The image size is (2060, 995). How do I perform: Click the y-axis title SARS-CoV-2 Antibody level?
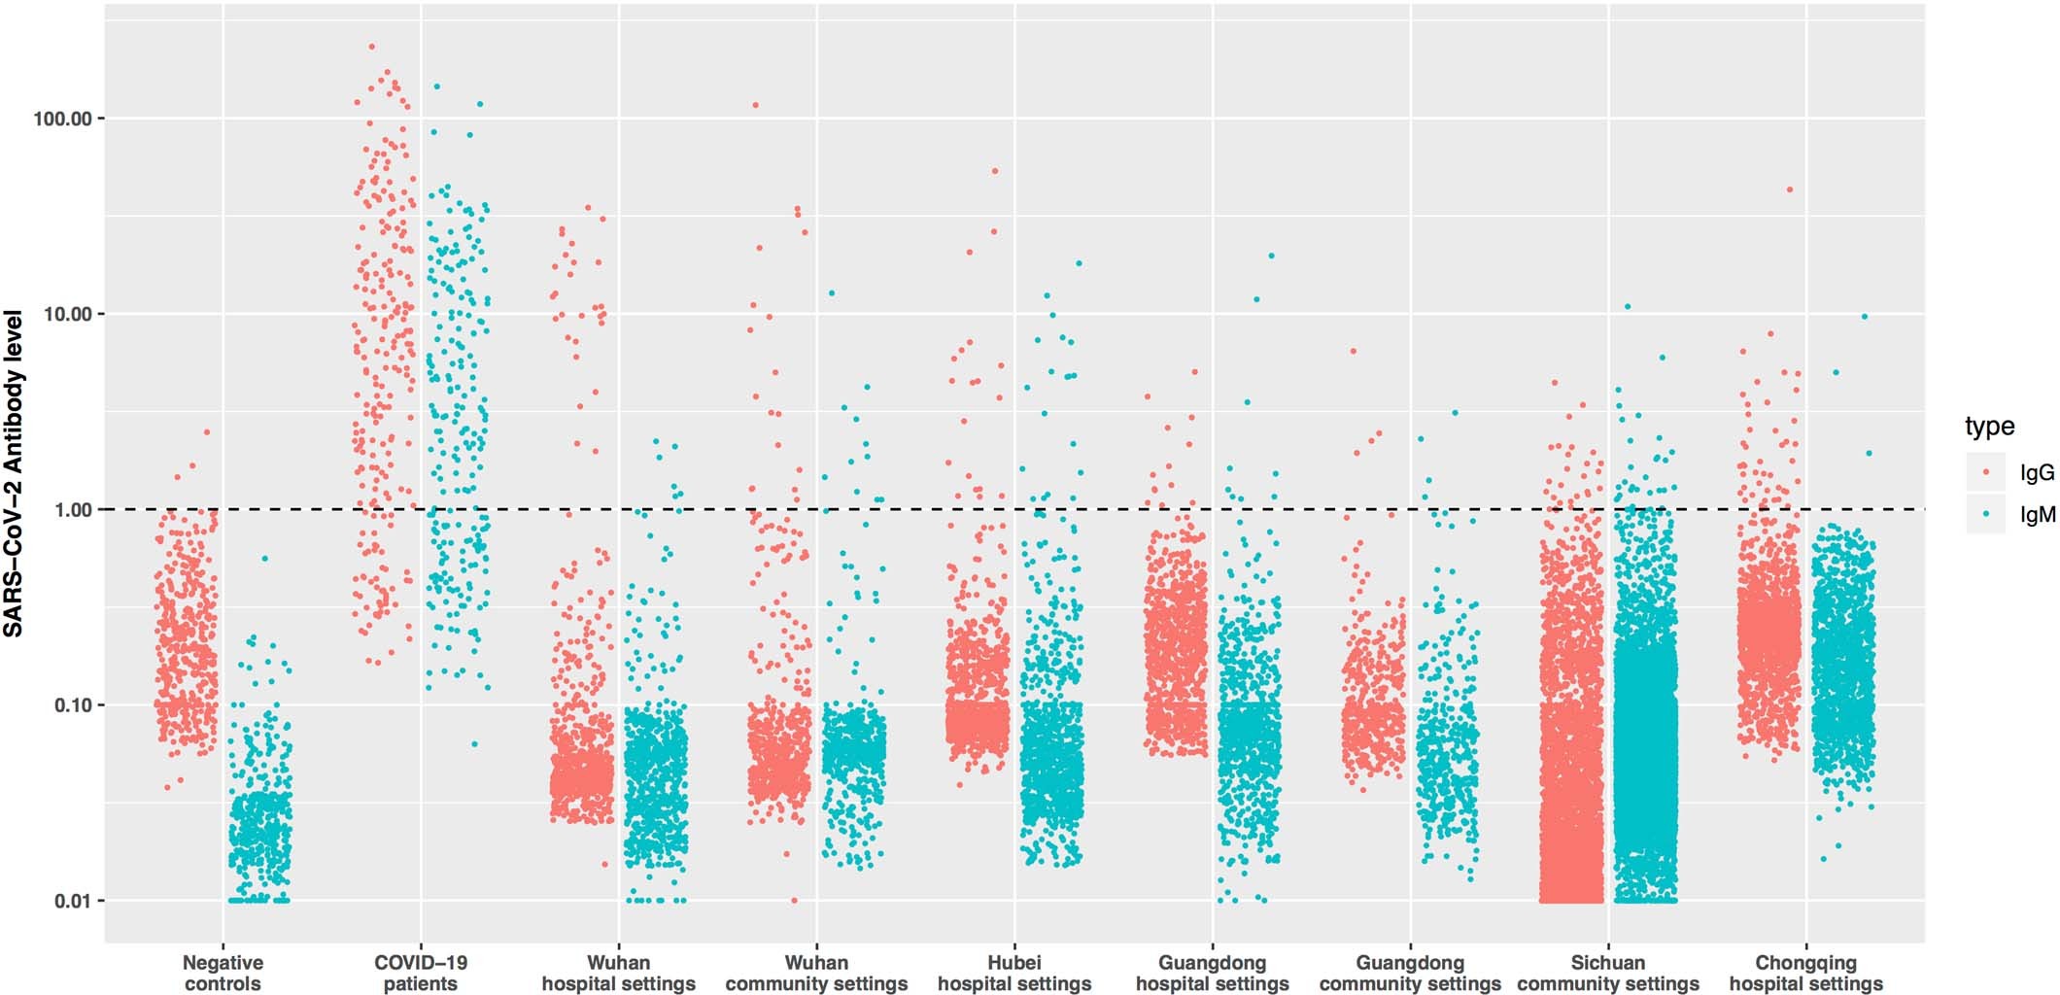pos(14,473)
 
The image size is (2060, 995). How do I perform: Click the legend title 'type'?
pos(1989,426)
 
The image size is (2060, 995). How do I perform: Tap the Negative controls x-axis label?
pos(223,973)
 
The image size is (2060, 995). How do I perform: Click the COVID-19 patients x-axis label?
pos(421,973)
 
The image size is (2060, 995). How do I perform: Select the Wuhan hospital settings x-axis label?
pos(618,973)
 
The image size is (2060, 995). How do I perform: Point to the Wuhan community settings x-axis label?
pos(816,973)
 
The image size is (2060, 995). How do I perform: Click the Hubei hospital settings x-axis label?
pos(1013,973)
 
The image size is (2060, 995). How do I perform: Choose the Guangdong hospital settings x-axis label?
pos(1212,973)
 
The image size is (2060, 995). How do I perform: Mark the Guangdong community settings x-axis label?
pos(1410,973)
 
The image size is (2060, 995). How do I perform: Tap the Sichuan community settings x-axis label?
pos(1608,973)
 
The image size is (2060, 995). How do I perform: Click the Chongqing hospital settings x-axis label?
pos(1805,973)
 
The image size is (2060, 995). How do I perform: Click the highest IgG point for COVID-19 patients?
pos(371,47)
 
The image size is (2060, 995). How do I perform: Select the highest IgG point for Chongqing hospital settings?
pos(1789,190)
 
